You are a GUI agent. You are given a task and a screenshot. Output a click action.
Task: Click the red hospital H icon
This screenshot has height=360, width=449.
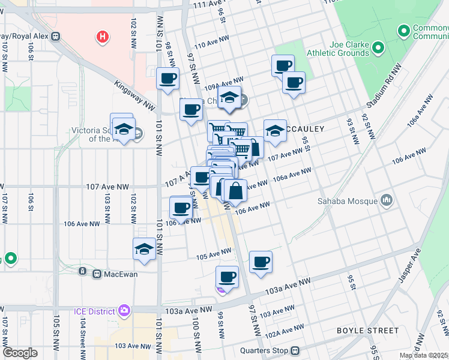[103, 37]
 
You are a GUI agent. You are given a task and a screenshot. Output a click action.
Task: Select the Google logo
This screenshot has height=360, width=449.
[20, 353]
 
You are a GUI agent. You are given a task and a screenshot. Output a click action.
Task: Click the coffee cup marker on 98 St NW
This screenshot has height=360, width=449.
[167, 78]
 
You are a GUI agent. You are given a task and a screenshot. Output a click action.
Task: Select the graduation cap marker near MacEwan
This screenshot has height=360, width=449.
[144, 248]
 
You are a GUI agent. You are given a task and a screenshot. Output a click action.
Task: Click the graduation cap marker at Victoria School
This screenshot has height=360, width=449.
[124, 129]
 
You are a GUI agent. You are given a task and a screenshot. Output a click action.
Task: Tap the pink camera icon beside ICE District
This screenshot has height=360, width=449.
[124, 311]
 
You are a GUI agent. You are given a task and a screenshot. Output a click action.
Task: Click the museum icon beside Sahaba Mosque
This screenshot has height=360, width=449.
[387, 199]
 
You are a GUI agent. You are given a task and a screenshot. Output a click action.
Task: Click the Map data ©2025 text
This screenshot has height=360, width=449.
[423, 355]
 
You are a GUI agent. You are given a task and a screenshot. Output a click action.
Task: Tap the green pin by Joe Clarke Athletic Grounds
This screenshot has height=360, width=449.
[378, 47]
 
